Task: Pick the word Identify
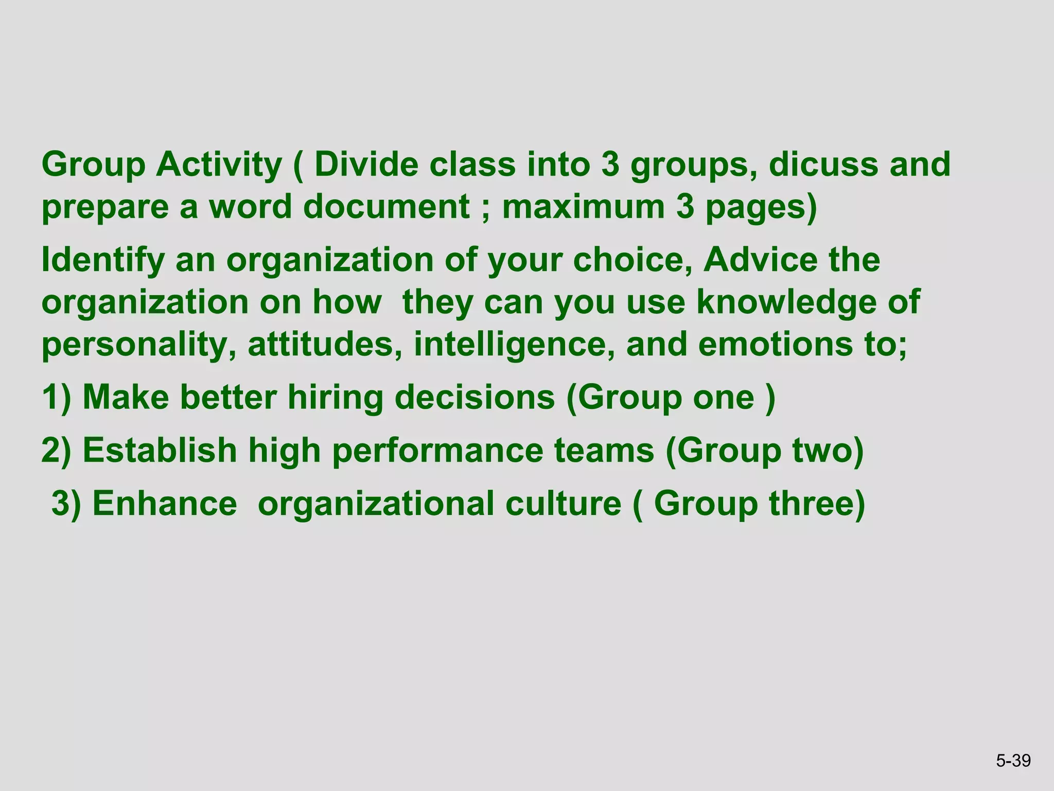coord(102,261)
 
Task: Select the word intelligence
coord(514,344)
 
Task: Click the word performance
coord(437,451)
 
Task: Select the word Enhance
coord(165,503)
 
